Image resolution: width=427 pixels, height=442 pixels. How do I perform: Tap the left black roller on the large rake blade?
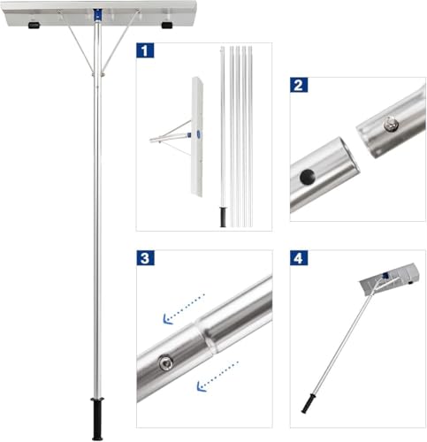point(33,26)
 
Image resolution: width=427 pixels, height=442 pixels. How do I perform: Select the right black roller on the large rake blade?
point(159,26)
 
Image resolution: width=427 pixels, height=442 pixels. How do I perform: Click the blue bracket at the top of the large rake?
point(95,16)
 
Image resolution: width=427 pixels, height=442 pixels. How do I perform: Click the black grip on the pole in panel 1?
point(223,217)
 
